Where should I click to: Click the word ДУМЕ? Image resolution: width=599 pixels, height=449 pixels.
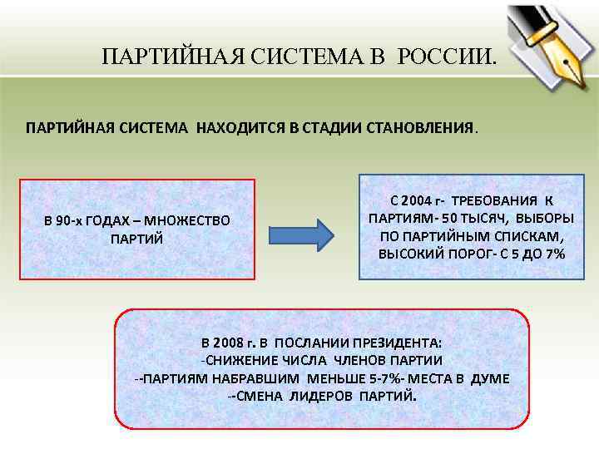pos(490,378)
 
